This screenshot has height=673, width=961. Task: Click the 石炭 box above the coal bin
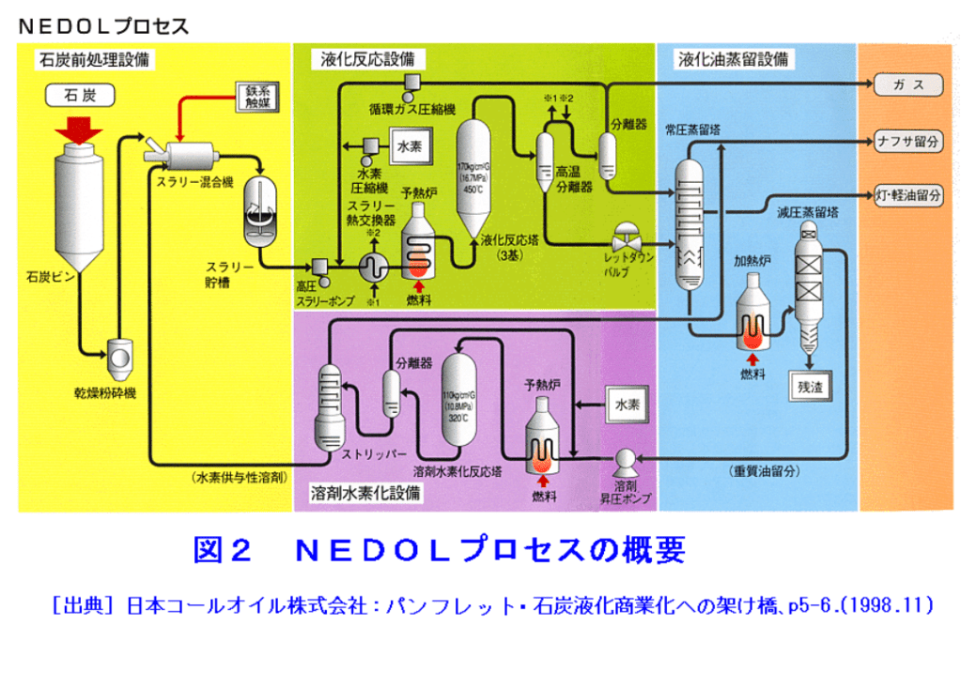(79, 96)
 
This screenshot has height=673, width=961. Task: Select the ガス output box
(907, 85)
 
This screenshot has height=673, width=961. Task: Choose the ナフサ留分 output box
(907, 142)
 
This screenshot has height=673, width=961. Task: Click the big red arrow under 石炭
(79, 130)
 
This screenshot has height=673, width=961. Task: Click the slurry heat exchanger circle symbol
(373, 267)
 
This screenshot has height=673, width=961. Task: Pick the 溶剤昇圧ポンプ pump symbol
(625, 461)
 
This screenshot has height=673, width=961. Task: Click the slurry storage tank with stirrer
(261, 208)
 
